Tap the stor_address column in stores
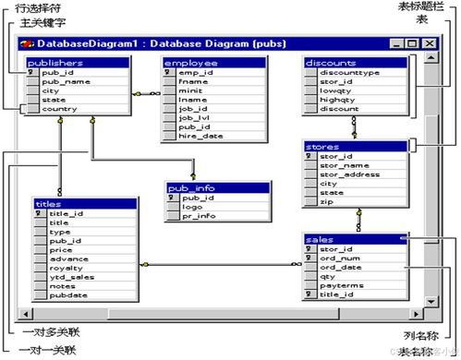(349, 174)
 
